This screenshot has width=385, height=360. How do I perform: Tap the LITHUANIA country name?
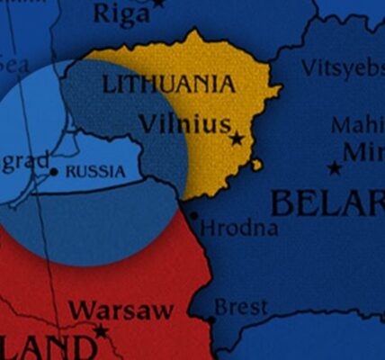click(x=170, y=85)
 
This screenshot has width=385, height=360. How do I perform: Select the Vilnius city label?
click(x=185, y=123)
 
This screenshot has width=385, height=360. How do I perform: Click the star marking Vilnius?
click(x=237, y=139)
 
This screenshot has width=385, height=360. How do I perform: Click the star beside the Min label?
click(x=335, y=167)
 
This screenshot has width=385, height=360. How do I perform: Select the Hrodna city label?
click(x=239, y=229)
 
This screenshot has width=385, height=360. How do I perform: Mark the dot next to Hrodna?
click(x=193, y=215)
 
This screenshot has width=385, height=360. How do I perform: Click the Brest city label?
click(x=241, y=308)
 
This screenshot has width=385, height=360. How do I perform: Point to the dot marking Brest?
click(x=211, y=319)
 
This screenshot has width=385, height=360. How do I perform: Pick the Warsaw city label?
click(x=121, y=310)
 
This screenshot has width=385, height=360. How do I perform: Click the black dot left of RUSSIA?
click(x=54, y=171)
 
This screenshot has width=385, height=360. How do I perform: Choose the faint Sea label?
click(x=13, y=65)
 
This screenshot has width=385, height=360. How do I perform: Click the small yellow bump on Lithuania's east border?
click(x=257, y=165)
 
